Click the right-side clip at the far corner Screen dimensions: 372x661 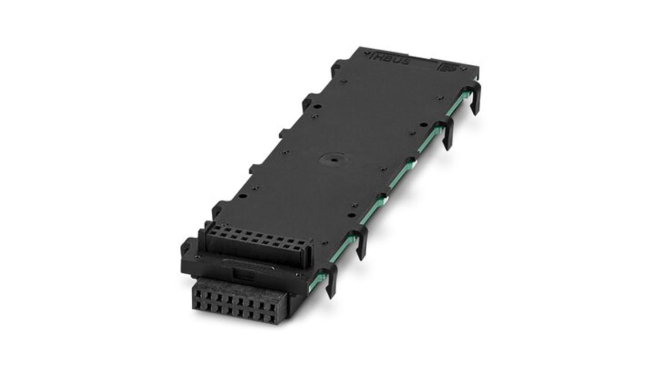pyautogui.click(x=475, y=97)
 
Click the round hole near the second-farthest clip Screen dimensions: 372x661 pyautogui.click(x=423, y=124)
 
